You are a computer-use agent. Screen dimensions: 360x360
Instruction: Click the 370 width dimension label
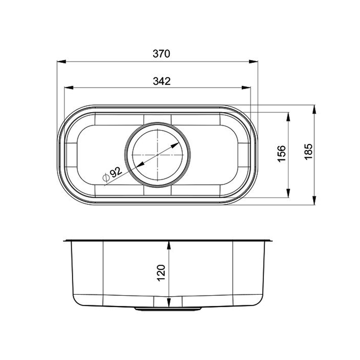[x=162, y=54]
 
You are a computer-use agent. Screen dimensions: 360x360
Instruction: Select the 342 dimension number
[x=162, y=81]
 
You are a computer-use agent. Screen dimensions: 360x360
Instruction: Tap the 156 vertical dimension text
[x=282, y=154]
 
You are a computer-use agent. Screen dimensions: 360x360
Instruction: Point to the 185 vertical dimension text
[x=308, y=152]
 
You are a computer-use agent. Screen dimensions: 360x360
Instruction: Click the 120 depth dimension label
[x=161, y=273]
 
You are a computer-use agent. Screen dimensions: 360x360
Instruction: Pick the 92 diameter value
[x=116, y=172]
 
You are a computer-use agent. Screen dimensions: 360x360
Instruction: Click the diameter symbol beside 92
[x=106, y=177]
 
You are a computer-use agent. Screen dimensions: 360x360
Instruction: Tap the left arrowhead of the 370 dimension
[x=62, y=62]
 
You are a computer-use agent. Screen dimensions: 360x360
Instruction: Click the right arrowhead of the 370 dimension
[x=253, y=62]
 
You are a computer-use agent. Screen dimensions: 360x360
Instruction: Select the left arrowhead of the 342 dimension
[x=69, y=87]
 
